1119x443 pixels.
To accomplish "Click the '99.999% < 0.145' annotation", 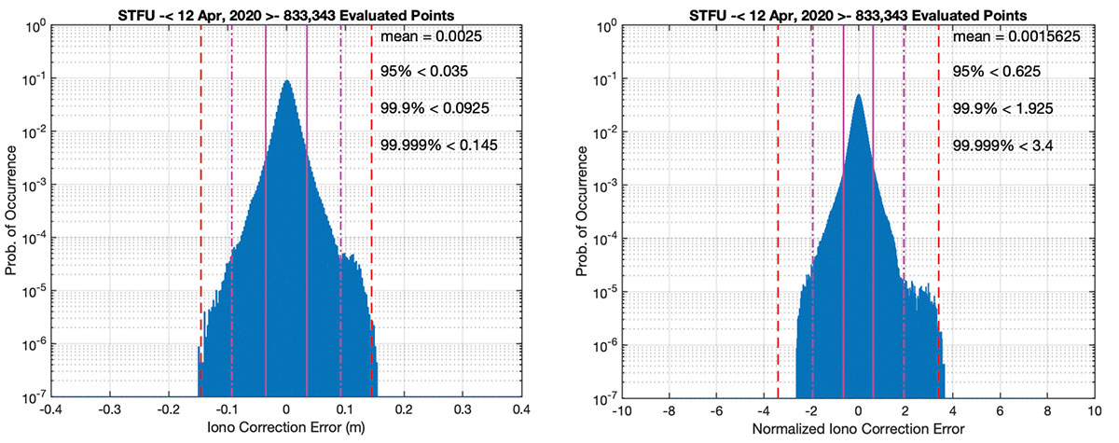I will point(440,145).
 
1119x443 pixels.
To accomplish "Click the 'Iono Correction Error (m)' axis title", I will point(286,432).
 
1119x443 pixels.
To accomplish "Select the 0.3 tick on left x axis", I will point(463,410).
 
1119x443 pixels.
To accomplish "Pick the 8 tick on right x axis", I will point(1047,410).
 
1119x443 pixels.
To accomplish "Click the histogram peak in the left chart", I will point(286,82).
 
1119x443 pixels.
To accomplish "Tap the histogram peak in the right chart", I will point(858,95).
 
